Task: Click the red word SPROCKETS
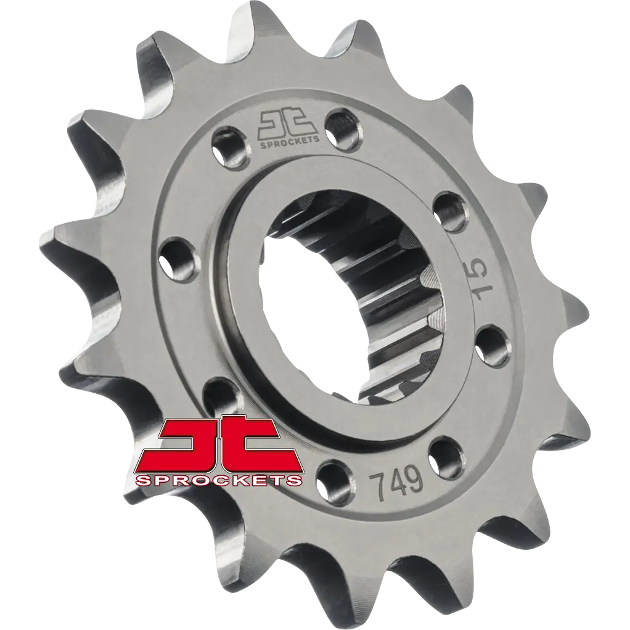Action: [x=219, y=480]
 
